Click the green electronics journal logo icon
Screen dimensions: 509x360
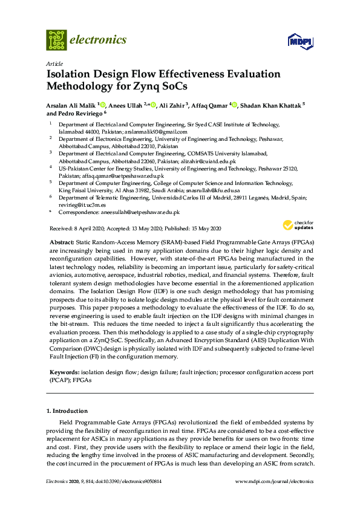[x=56, y=40]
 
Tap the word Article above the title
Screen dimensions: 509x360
[x=53, y=63]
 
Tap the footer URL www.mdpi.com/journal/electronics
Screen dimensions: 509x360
[x=273, y=482]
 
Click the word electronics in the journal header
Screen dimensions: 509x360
[x=99, y=40]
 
